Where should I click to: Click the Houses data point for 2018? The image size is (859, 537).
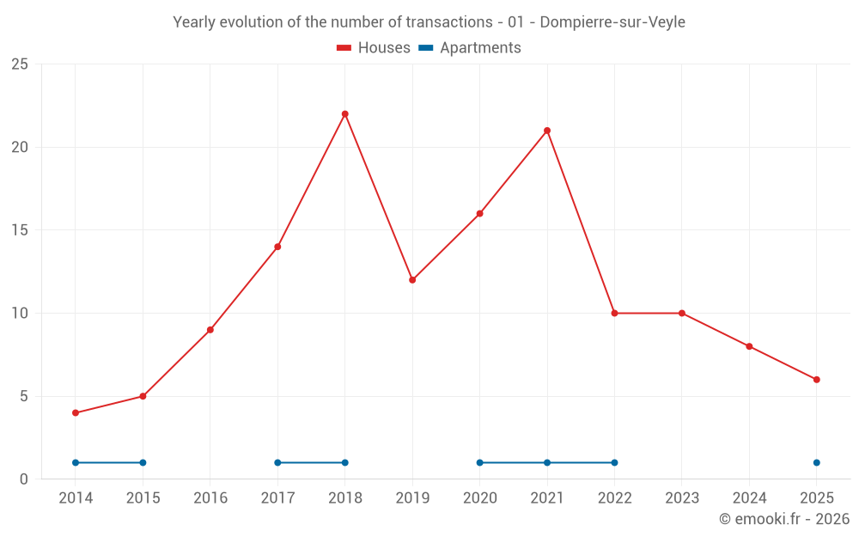[344, 114]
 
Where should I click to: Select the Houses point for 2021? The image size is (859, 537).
[547, 131]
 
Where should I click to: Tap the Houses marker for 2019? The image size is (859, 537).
[412, 280]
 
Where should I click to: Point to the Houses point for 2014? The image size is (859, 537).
[76, 413]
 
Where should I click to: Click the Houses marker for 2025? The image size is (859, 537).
[817, 380]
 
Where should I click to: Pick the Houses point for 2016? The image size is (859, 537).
[210, 330]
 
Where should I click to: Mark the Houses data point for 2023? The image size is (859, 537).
[682, 314]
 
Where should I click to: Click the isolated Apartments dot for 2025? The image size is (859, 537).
[817, 463]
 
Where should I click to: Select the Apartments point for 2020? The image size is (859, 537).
[479, 463]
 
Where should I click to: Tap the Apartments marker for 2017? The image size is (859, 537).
[277, 463]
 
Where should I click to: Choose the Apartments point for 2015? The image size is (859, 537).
[143, 463]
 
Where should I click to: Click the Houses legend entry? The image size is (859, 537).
[374, 48]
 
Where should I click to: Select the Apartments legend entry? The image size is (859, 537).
[470, 48]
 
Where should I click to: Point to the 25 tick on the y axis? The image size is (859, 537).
[20, 64]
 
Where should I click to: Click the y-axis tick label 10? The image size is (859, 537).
[20, 314]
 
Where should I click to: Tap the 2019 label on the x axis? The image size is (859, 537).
[412, 498]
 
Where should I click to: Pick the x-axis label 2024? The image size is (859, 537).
[749, 498]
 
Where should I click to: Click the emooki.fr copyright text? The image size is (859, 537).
[784, 519]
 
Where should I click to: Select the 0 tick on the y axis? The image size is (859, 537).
[24, 479]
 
